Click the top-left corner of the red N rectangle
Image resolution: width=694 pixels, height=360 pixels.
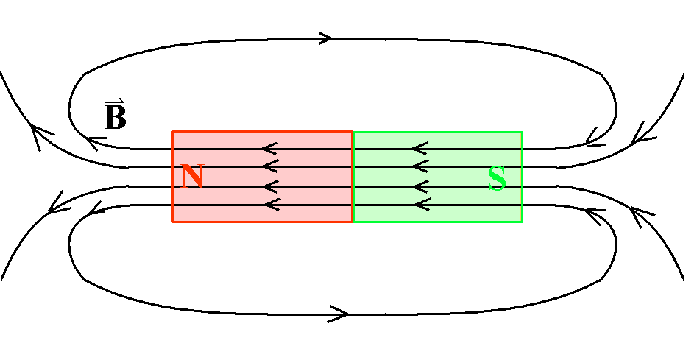pyautogui.click(x=173, y=132)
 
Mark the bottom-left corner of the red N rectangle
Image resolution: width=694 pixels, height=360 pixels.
pyautogui.click(x=173, y=222)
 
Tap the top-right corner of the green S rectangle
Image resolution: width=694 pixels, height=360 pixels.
pyautogui.click(x=523, y=132)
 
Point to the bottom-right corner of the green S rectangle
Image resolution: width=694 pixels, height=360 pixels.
pyautogui.click(x=523, y=222)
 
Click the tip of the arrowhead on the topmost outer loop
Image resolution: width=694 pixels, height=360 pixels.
pyautogui.click(x=331, y=38)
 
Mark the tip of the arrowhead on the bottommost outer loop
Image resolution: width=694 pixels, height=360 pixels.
pyautogui.click(x=348, y=314)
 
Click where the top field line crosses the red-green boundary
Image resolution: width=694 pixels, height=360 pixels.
pyautogui.click(x=353, y=149)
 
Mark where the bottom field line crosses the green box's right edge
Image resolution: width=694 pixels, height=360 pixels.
pyautogui.click(x=523, y=205)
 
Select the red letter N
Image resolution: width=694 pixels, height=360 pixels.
pyautogui.click(x=193, y=176)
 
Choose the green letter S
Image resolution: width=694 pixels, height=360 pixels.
pyautogui.click(x=497, y=178)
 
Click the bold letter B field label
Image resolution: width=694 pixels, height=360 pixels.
pyautogui.click(x=116, y=117)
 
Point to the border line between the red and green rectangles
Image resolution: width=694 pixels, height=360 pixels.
pyautogui.click(x=353, y=177)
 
